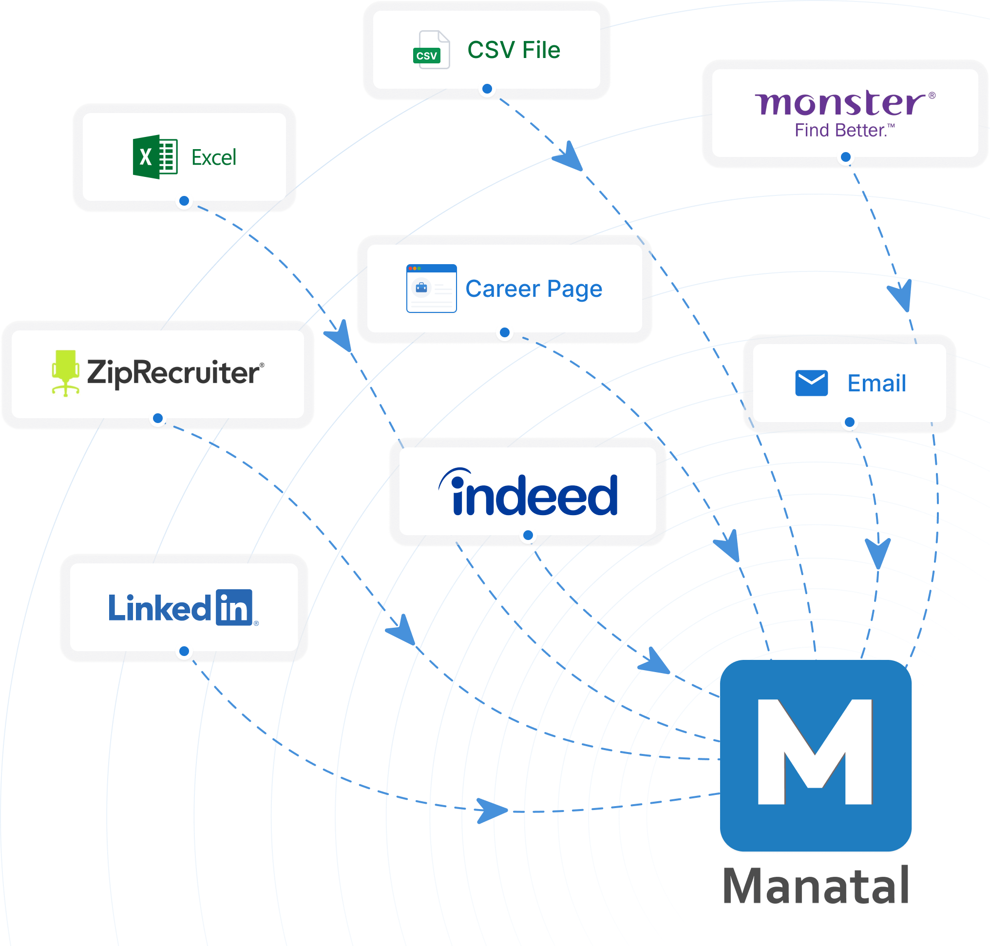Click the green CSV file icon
[431, 50]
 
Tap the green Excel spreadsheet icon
[155, 157]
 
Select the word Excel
[214, 158]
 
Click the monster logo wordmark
[841, 103]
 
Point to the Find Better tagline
[844, 131]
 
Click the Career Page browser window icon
[432, 289]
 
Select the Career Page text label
[533, 289]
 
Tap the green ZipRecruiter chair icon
[66, 373]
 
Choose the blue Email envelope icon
[811, 383]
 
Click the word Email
[876, 383]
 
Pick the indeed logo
[528, 493]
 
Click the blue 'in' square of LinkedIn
[234, 607]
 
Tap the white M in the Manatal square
[815, 752]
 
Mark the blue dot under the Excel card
[185, 201]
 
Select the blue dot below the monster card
[846, 157]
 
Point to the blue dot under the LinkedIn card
[185, 651]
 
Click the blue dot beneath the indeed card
[528, 535]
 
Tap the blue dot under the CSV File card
[487, 89]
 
